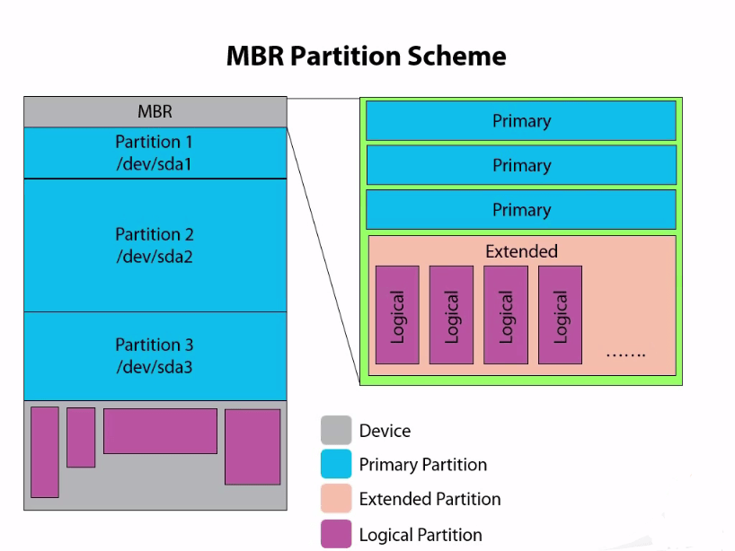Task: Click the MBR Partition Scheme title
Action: tap(366, 56)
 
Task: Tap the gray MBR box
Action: tap(155, 112)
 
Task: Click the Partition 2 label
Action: tap(154, 234)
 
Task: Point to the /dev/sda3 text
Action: tap(154, 366)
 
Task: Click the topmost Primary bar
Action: tap(520, 121)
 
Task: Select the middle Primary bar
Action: tap(520, 165)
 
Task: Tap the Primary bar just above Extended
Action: tap(520, 209)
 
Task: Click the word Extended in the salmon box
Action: tap(521, 251)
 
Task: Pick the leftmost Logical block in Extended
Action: tap(397, 315)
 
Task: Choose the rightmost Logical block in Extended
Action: tap(560, 315)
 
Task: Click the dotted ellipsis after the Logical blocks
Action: tap(625, 354)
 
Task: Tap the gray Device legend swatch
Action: tap(336, 431)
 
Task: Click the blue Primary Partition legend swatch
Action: tap(336, 465)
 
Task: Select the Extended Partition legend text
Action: tap(429, 499)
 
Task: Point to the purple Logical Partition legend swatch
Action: tap(336, 534)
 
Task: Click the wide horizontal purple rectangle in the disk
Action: tap(160, 431)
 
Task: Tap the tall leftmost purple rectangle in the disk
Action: tap(45, 451)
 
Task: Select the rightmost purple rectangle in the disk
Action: tap(252, 447)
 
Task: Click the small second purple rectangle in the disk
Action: tap(81, 437)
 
